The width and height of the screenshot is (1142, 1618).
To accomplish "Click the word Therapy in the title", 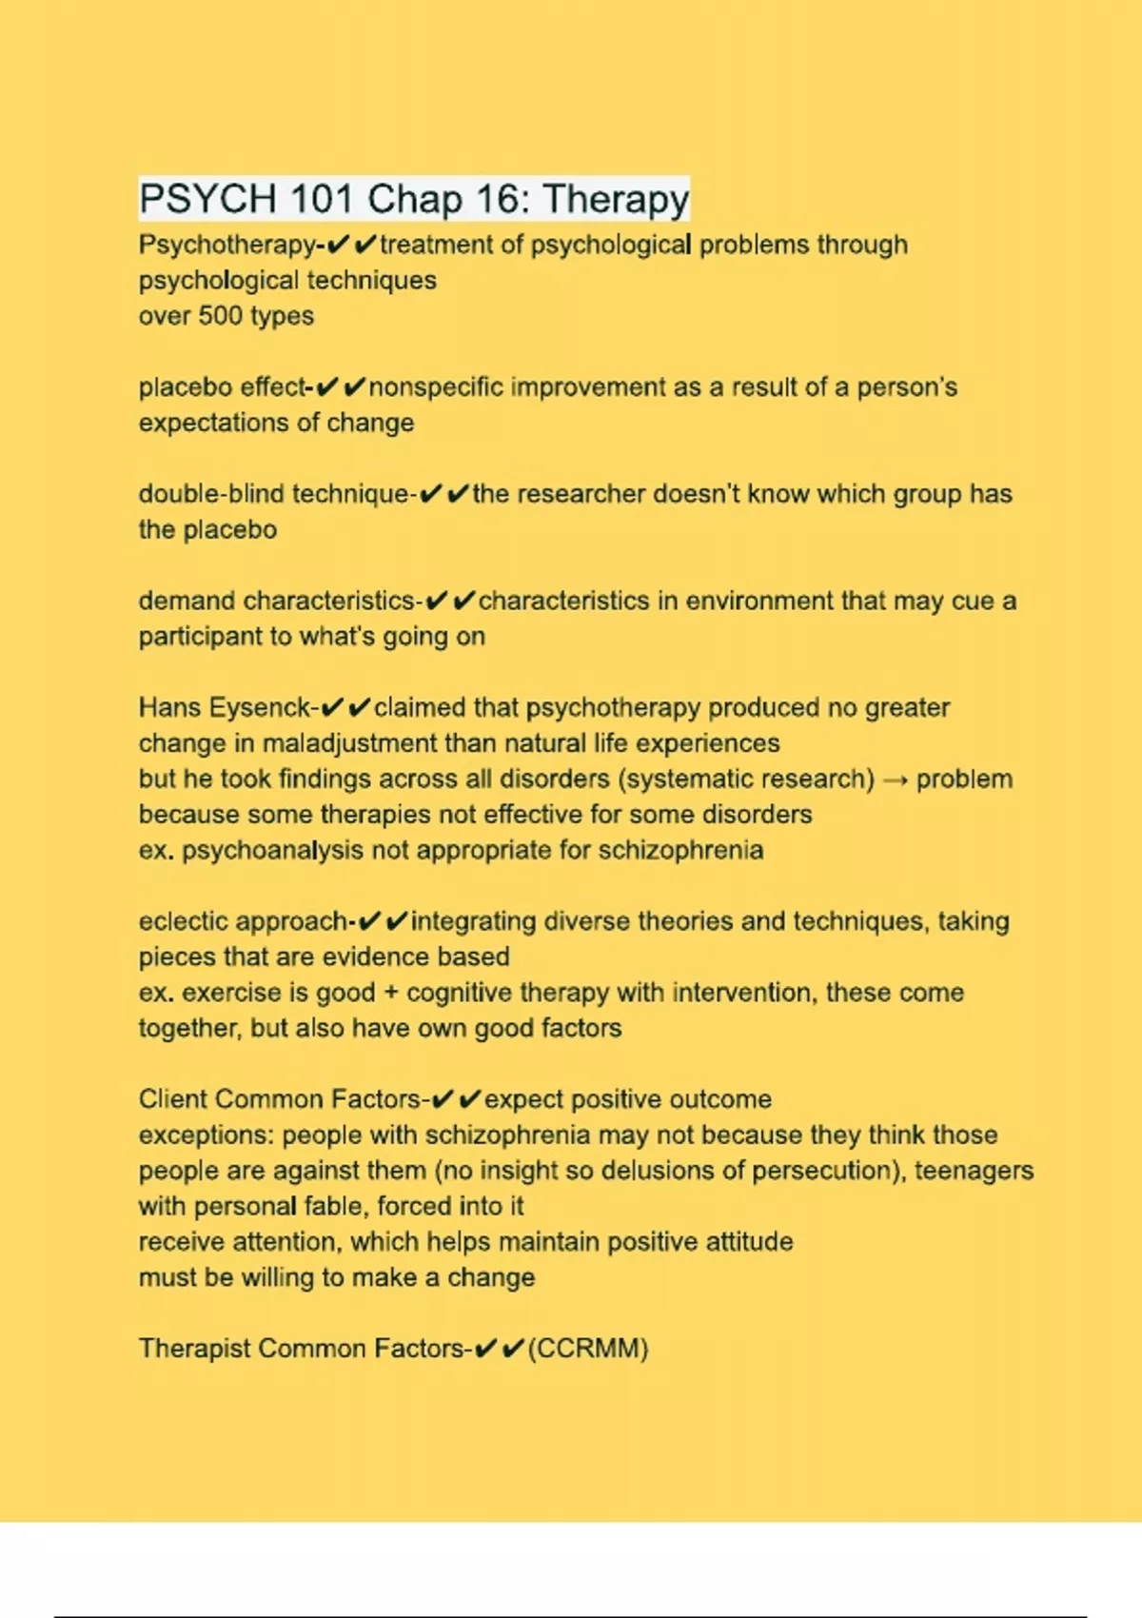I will click(x=616, y=200).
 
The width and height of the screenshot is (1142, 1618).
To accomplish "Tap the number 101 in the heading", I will click(x=321, y=200).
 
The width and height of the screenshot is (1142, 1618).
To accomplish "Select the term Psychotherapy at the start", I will click(x=227, y=246).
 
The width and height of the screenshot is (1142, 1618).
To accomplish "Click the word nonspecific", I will click(x=436, y=387).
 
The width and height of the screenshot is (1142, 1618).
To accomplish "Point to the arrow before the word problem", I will click(x=895, y=779).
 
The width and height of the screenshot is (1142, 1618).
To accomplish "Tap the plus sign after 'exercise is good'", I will click(x=391, y=993).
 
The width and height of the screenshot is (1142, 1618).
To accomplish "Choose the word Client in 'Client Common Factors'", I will click(x=173, y=1099).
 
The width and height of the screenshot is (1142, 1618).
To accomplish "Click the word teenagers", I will click(x=974, y=1171).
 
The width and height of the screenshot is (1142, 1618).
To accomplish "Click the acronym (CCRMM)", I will click(x=587, y=1349).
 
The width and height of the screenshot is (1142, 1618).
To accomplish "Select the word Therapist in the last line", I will click(x=194, y=1349).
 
